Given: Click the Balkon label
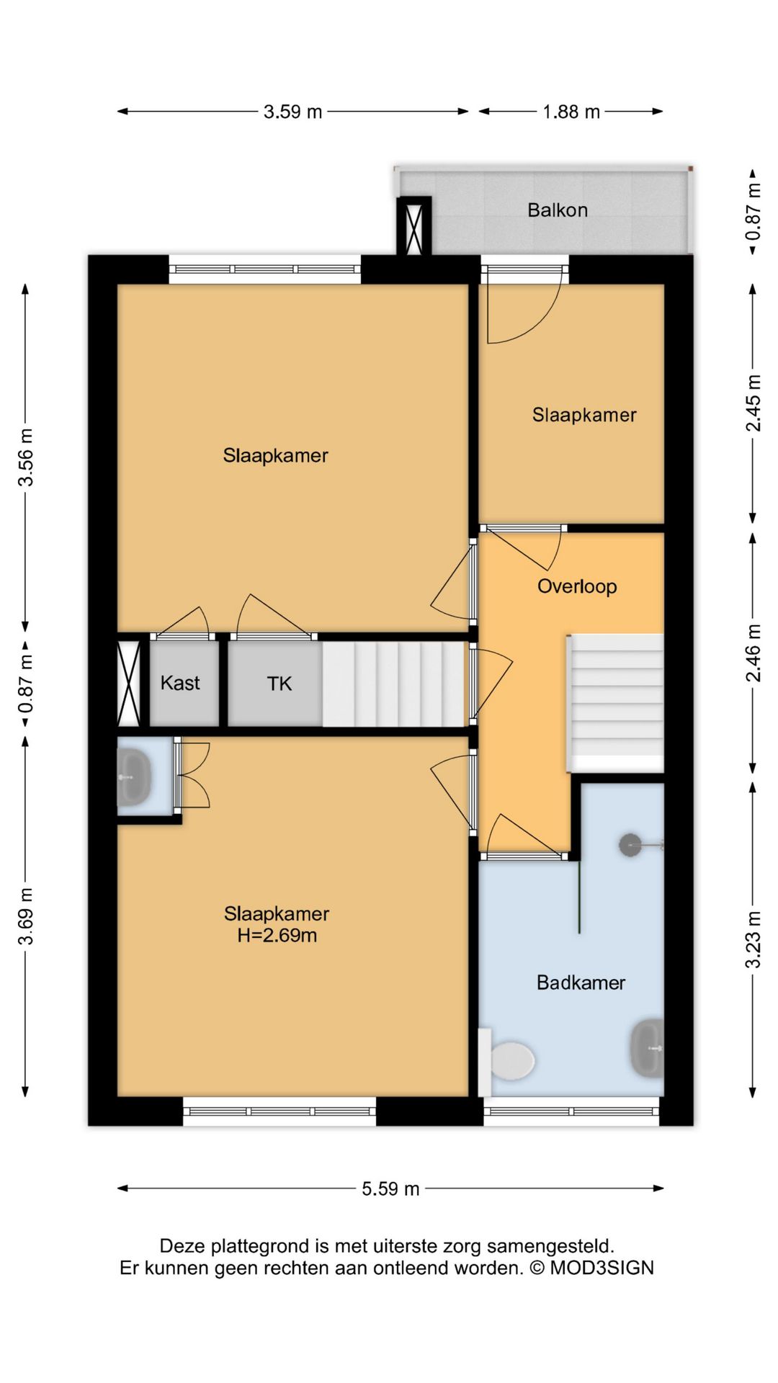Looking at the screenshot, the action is coord(558,210).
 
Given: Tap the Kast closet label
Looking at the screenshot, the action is coord(180,683).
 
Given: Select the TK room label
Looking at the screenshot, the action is coord(279,684).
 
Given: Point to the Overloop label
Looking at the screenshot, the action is coord(577,586).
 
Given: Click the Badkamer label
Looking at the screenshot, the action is coord(581,983).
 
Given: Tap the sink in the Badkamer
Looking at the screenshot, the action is coord(647,1048).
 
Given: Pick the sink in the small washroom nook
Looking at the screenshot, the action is coord(133,777).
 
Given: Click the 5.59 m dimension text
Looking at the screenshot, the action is coord(390,1189).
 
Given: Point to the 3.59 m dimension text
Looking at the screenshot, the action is coord(292,112).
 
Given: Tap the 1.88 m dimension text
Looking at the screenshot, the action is coord(571,112).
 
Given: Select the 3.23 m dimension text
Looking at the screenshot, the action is coord(753,940).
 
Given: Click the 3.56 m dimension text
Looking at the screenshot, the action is coord(26,457).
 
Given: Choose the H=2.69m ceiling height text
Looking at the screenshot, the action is coord(277,936).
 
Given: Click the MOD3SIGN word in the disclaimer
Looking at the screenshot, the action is coord(602,1268).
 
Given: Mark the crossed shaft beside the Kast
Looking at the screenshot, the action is coord(128,683).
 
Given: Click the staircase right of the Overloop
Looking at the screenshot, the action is coord(616,703).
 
